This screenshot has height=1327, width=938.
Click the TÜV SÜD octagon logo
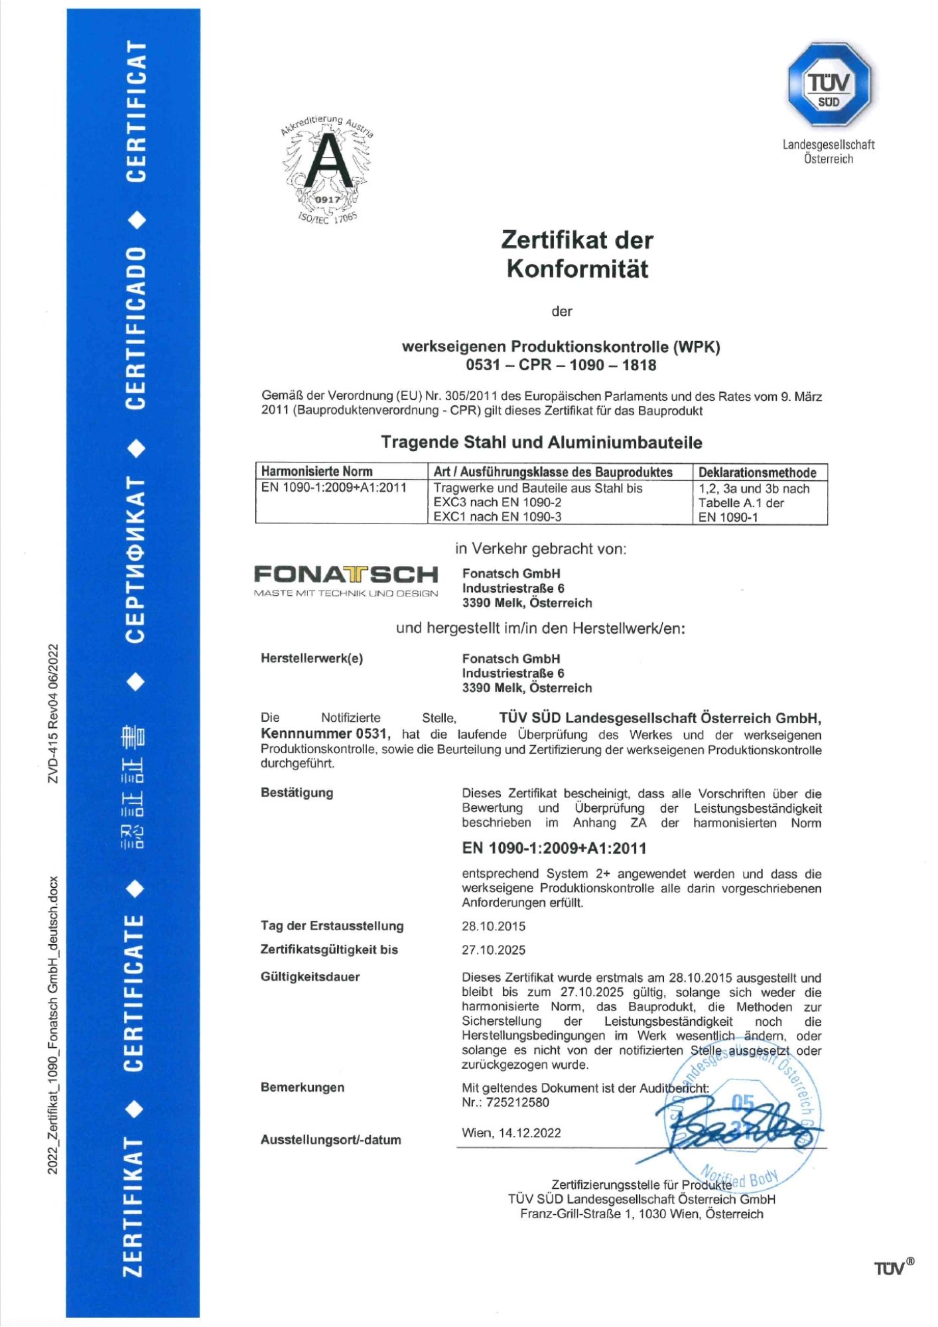tap(829, 84)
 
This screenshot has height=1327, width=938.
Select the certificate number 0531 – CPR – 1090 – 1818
tap(561, 365)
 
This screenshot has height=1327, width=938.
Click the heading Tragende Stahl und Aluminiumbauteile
tap(541, 443)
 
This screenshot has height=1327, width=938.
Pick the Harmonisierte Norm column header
tap(316, 472)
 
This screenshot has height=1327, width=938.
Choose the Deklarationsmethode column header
tap(757, 472)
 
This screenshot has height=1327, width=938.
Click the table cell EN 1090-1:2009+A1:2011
tap(334, 488)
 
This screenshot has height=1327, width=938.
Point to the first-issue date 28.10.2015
tap(494, 926)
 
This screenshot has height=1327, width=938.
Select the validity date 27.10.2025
tap(494, 950)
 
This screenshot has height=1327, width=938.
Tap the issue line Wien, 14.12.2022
tap(511, 1133)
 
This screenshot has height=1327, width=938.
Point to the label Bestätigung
tap(297, 793)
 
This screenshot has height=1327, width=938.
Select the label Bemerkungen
tap(302, 1087)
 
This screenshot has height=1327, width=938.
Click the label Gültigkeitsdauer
tap(310, 977)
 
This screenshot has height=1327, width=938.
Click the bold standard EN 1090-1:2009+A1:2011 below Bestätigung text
tap(554, 849)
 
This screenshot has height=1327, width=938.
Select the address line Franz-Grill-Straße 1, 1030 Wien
tap(641, 1214)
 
